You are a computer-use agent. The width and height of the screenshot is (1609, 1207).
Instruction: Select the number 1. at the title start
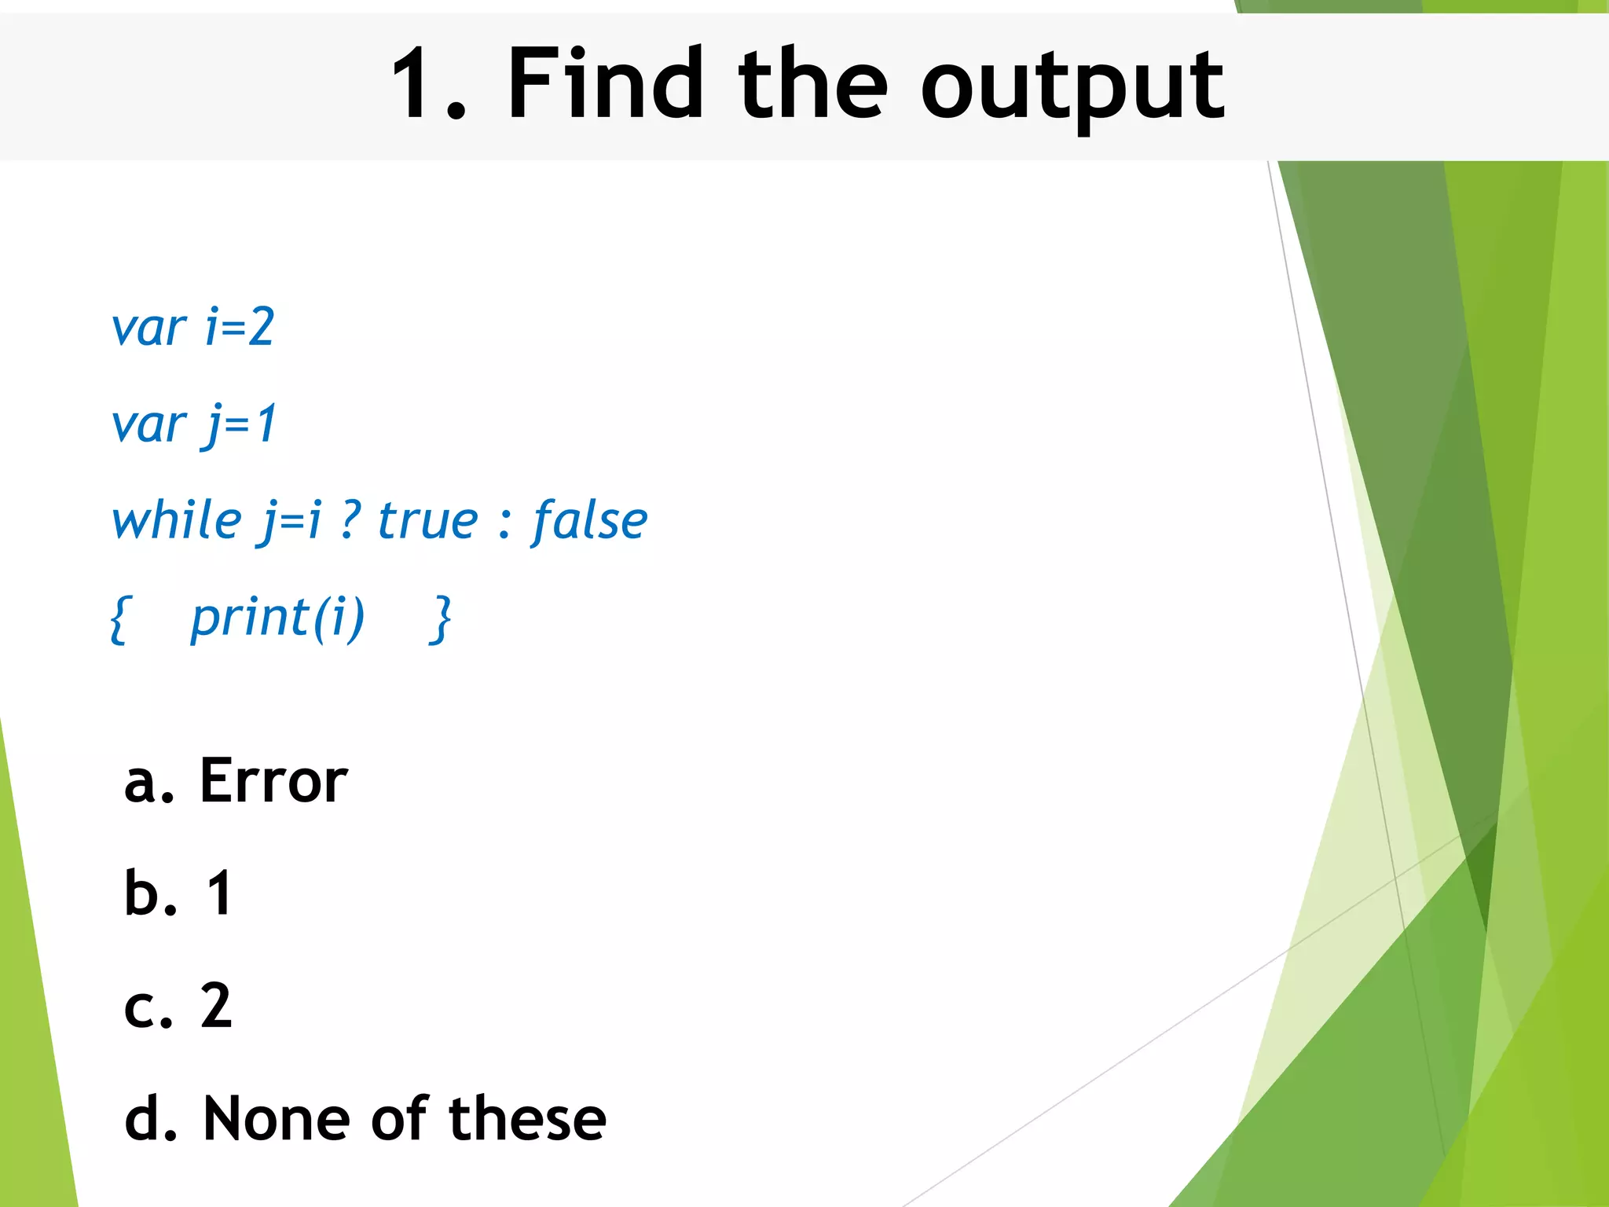428,84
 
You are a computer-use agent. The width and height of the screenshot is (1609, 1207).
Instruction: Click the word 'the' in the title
812,84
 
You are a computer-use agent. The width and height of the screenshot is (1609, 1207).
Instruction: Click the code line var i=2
192,327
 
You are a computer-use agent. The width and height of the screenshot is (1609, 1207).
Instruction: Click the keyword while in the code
178,521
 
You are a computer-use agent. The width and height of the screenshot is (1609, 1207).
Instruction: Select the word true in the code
427,521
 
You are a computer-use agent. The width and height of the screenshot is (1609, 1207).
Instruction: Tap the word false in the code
589,521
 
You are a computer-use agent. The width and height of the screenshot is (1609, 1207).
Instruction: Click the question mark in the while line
350,521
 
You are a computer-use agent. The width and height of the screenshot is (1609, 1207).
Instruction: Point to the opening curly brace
119,619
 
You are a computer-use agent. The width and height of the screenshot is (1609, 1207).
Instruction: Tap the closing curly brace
442,619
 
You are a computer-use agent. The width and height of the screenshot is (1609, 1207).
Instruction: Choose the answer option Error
273,781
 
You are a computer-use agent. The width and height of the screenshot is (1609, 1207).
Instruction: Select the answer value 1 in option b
218,893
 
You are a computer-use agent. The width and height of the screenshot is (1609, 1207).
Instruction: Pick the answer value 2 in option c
216,1006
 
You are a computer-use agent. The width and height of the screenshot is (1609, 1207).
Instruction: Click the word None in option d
276,1118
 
